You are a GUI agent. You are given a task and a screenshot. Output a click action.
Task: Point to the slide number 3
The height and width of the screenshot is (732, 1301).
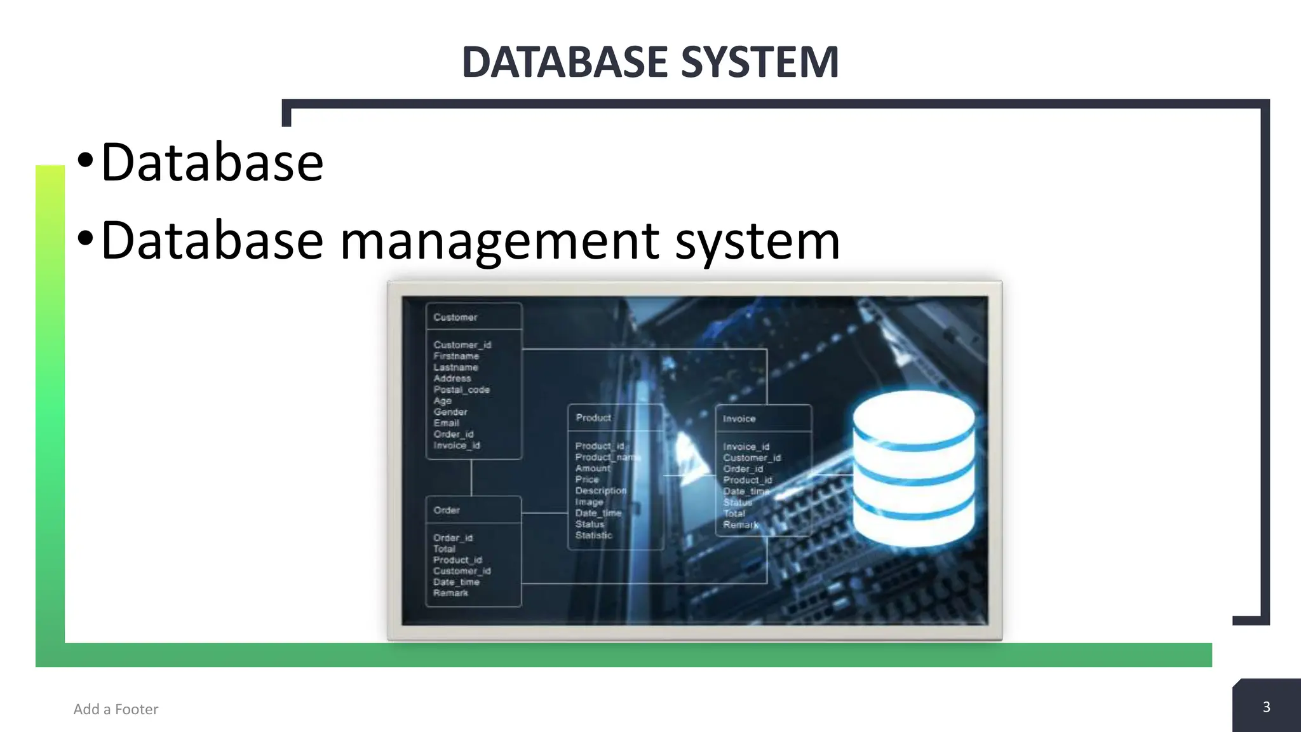[1266, 707]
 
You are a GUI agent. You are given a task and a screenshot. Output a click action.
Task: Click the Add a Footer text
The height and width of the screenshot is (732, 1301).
[116, 709]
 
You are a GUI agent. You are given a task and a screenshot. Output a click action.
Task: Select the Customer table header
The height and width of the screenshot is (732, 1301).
[455, 317]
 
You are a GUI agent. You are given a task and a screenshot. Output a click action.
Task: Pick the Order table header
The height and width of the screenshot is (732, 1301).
[447, 510]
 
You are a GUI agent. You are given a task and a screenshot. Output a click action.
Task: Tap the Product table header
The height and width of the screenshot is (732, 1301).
[593, 417]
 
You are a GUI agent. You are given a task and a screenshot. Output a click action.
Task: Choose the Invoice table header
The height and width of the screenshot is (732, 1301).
[739, 419]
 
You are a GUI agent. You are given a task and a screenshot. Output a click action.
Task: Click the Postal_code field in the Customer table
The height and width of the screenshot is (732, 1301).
[462, 390]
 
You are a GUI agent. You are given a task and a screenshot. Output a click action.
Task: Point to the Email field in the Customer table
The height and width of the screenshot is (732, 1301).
[447, 423]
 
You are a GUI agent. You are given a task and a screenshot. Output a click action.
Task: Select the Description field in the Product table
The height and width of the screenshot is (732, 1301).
[601, 491]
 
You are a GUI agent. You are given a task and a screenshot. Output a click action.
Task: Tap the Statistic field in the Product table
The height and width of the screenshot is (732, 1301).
[594, 535]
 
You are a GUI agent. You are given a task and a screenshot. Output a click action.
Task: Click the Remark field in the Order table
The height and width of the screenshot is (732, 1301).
[450, 593]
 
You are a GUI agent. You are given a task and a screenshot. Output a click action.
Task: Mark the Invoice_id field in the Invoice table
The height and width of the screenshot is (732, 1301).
[746, 447]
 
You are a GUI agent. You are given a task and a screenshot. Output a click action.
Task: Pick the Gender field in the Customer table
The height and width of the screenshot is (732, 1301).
[450, 412]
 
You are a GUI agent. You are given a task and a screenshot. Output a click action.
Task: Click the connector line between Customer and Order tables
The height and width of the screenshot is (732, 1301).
[471, 477]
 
